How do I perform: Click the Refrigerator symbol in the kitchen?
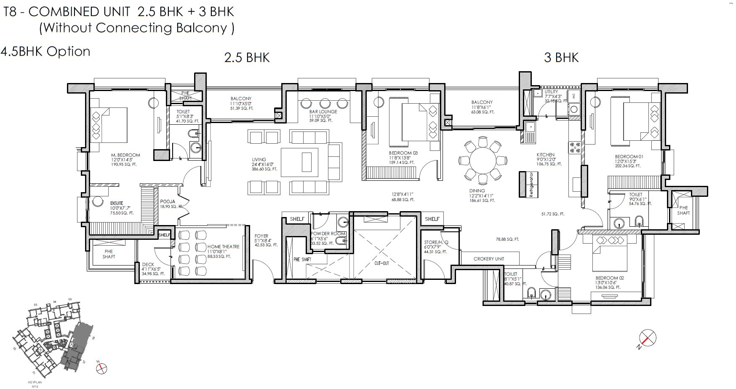(x=526, y=185)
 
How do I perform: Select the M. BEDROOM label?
(x=125, y=155)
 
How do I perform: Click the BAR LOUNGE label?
(x=323, y=112)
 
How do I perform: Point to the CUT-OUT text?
(x=381, y=263)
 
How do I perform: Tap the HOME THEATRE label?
(x=223, y=247)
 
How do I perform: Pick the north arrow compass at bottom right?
(x=647, y=338)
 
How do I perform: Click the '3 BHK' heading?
(x=561, y=57)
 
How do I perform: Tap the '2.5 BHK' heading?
(x=247, y=57)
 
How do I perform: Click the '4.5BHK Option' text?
(x=45, y=51)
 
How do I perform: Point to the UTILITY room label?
(x=551, y=91)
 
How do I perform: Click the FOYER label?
(x=261, y=236)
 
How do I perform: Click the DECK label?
(x=148, y=265)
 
